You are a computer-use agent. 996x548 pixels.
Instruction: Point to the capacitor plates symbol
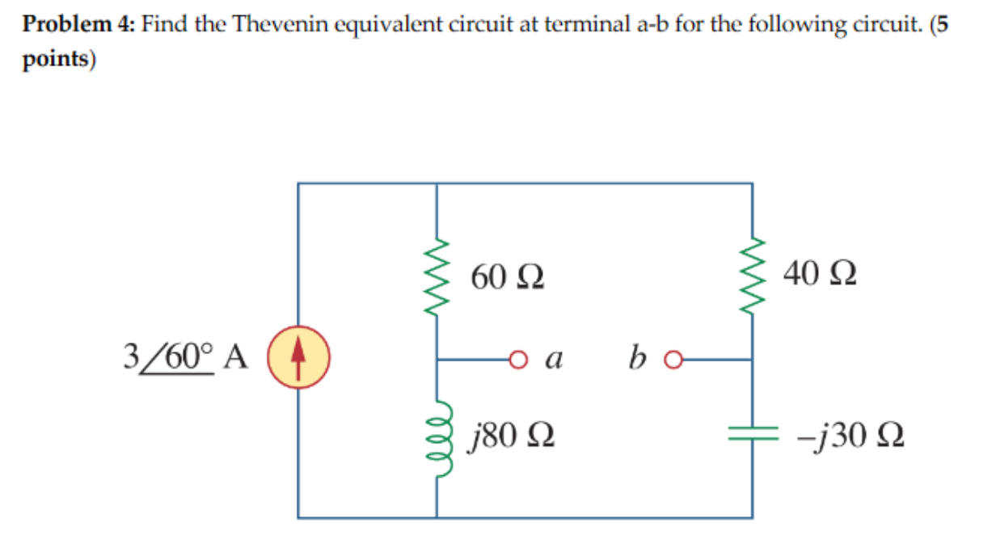[753, 434]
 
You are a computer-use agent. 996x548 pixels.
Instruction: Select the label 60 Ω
[507, 278]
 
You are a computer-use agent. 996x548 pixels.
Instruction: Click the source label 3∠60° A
[185, 355]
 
